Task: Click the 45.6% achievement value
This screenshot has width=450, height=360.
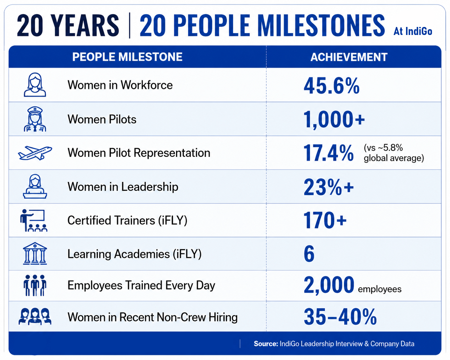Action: [x=332, y=85]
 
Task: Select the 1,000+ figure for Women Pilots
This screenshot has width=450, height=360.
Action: [x=334, y=119]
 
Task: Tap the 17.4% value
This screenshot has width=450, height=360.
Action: [x=328, y=153]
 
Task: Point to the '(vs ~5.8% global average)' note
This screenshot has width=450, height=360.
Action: [x=394, y=153]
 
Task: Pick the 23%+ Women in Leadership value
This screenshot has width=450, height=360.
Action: [x=329, y=187]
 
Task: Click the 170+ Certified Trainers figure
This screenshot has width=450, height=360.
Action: [x=325, y=220]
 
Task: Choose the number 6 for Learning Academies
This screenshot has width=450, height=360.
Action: [x=309, y=253]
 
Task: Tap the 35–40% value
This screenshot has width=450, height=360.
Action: [x=340, y=317]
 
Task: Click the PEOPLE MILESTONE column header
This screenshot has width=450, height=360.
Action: [x=127, y=57]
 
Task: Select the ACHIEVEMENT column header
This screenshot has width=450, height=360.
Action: [x=349, y=57]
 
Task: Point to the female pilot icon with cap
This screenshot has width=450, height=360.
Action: [x=35, y=119]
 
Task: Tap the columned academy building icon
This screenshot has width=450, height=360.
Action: [x=35, y=253]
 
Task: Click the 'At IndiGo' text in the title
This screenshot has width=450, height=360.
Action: [x=413, y=31]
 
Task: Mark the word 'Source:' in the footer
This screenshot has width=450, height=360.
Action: [x=266, y=344]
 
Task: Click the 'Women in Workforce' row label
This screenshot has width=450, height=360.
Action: [x=120, y=85]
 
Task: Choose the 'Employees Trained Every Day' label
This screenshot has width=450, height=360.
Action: [x=141, y=286]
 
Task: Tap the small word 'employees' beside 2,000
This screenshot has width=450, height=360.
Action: [x=380, y=289]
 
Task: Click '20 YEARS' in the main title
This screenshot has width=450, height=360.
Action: [x=68, y=25]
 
